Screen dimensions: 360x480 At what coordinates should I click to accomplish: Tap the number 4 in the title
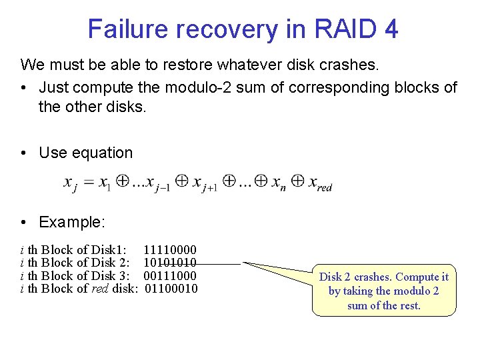390,29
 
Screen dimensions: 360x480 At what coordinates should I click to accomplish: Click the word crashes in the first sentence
353,65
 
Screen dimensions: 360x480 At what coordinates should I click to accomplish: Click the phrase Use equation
86,153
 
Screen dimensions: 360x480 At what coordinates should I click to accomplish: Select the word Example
71,221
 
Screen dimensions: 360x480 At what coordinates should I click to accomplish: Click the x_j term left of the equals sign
71,183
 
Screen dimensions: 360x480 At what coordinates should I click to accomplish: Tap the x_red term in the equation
320,183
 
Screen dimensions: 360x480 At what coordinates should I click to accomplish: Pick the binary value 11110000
170,250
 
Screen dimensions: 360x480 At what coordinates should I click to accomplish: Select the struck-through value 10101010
170,263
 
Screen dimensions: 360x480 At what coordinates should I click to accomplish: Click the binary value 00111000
170,275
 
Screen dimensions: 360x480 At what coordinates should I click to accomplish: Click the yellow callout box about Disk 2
384,291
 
